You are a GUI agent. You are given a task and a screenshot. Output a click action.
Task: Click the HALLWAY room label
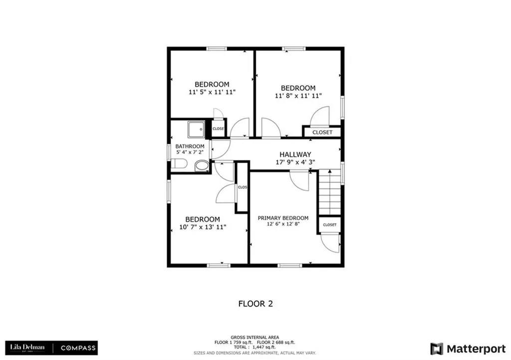tap(295, 154)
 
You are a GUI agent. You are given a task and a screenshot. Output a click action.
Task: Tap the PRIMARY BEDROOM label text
tap(283, 218)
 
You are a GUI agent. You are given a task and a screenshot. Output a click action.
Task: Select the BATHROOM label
tap(190, 147)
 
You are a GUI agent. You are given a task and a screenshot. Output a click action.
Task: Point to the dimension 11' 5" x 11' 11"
tap(212, 92)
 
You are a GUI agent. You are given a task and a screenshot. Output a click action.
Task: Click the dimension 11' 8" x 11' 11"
tap(298, 96)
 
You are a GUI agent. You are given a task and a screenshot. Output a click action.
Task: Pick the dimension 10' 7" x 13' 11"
tap(203, 227)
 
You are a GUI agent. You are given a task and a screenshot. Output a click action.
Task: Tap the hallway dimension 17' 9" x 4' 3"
tap(295, 162)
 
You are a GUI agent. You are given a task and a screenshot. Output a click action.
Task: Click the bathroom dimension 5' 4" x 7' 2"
tap(190, 152)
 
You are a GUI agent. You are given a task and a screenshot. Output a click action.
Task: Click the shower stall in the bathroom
tap(196, 129)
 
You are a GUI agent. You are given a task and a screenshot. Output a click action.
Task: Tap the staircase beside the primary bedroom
tap(329, 192)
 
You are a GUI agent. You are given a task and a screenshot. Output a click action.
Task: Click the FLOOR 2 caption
tap(255, 304)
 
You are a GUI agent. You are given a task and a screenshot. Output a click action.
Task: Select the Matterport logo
tap(468, 349)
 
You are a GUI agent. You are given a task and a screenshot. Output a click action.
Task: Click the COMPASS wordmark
tap(78, 348)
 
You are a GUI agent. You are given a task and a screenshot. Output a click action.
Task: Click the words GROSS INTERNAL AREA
tap(255, 338)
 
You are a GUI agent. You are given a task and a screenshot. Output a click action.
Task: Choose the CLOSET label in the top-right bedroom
tap(322, 133)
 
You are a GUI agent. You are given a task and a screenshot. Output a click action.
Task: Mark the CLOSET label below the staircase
tap(329, 225)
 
